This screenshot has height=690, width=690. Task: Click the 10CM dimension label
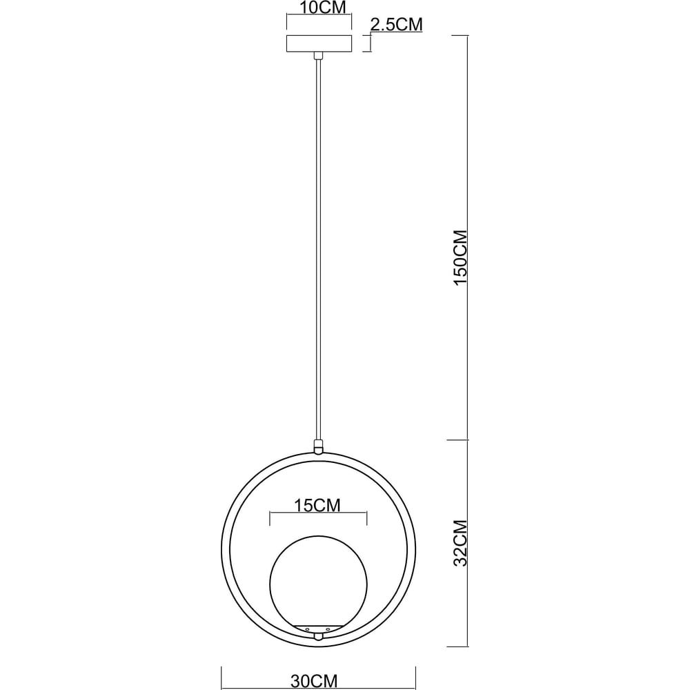[x=322, y=8]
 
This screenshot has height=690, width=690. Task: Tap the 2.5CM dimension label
[x=397, y=25]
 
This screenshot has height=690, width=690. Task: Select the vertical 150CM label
[x=461, y=257]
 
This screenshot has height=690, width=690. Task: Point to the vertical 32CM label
[x=461, y=543]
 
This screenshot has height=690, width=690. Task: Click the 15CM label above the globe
[x=317, y=506]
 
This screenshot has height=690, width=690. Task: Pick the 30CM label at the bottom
[x=314, y=681]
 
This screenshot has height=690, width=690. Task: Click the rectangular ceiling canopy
[x=319, y=43]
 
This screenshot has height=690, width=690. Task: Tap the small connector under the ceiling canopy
[x=317, y=55]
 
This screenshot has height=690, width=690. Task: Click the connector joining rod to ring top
[x=317, y=446]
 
